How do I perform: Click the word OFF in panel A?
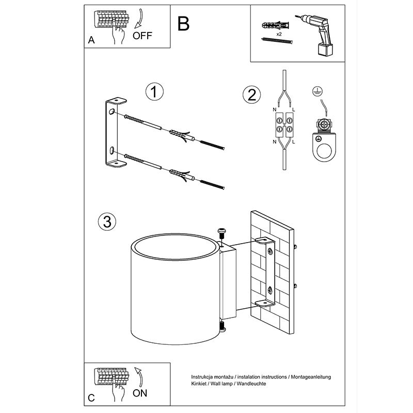point(142,36)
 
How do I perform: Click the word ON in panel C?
point(140,393)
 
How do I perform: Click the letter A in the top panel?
point(91,40)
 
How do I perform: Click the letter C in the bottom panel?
point(91,398)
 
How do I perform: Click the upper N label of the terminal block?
point(275,110)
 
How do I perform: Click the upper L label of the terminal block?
point(293,110)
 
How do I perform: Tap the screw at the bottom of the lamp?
point(223,326)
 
